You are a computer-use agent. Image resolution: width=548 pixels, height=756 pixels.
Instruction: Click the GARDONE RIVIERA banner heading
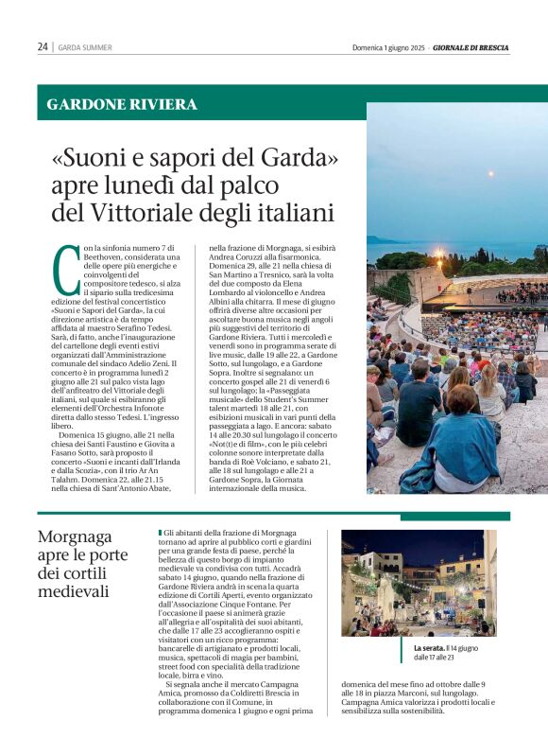pos(122,104)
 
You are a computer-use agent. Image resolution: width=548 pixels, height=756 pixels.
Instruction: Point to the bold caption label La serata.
pos(430,648)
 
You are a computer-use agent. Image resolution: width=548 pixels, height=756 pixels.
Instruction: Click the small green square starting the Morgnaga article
pos(160,534)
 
